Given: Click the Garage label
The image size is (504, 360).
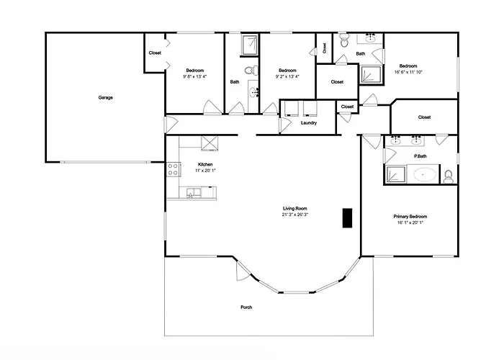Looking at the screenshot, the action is click(105, 97).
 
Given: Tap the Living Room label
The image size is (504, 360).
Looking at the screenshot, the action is click(294, 208).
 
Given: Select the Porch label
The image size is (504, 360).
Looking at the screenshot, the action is click(246, 307).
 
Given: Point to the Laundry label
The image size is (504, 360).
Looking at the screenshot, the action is click(309, 123).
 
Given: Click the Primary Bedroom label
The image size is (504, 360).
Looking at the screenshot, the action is click(410, 216).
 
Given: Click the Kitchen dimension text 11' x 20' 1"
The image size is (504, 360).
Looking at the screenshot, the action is click(205, 171).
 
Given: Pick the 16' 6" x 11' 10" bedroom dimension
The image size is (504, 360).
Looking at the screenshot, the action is click(408, 72).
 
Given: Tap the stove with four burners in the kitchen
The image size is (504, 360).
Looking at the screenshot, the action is click(174, 169).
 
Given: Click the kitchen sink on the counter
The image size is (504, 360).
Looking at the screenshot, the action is click(194, 193).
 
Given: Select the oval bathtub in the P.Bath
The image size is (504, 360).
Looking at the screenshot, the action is click(425, 175).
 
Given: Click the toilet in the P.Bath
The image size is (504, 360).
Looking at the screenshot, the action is click(448, 177).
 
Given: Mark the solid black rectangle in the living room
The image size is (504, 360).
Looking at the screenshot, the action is click(347, 218).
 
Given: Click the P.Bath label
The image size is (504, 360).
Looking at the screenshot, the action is click(420, 156).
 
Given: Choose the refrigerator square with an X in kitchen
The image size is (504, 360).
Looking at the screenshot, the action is click(210, 143).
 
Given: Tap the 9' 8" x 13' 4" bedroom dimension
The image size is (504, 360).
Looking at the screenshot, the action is click(195, 76).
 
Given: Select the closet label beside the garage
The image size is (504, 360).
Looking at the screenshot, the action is click(155, 53).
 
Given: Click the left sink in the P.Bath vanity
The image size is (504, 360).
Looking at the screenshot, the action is click(395, 140).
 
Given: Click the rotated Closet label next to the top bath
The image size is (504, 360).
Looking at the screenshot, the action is click(324, 48).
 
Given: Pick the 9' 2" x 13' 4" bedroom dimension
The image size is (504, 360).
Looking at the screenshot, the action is click(287, 76).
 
